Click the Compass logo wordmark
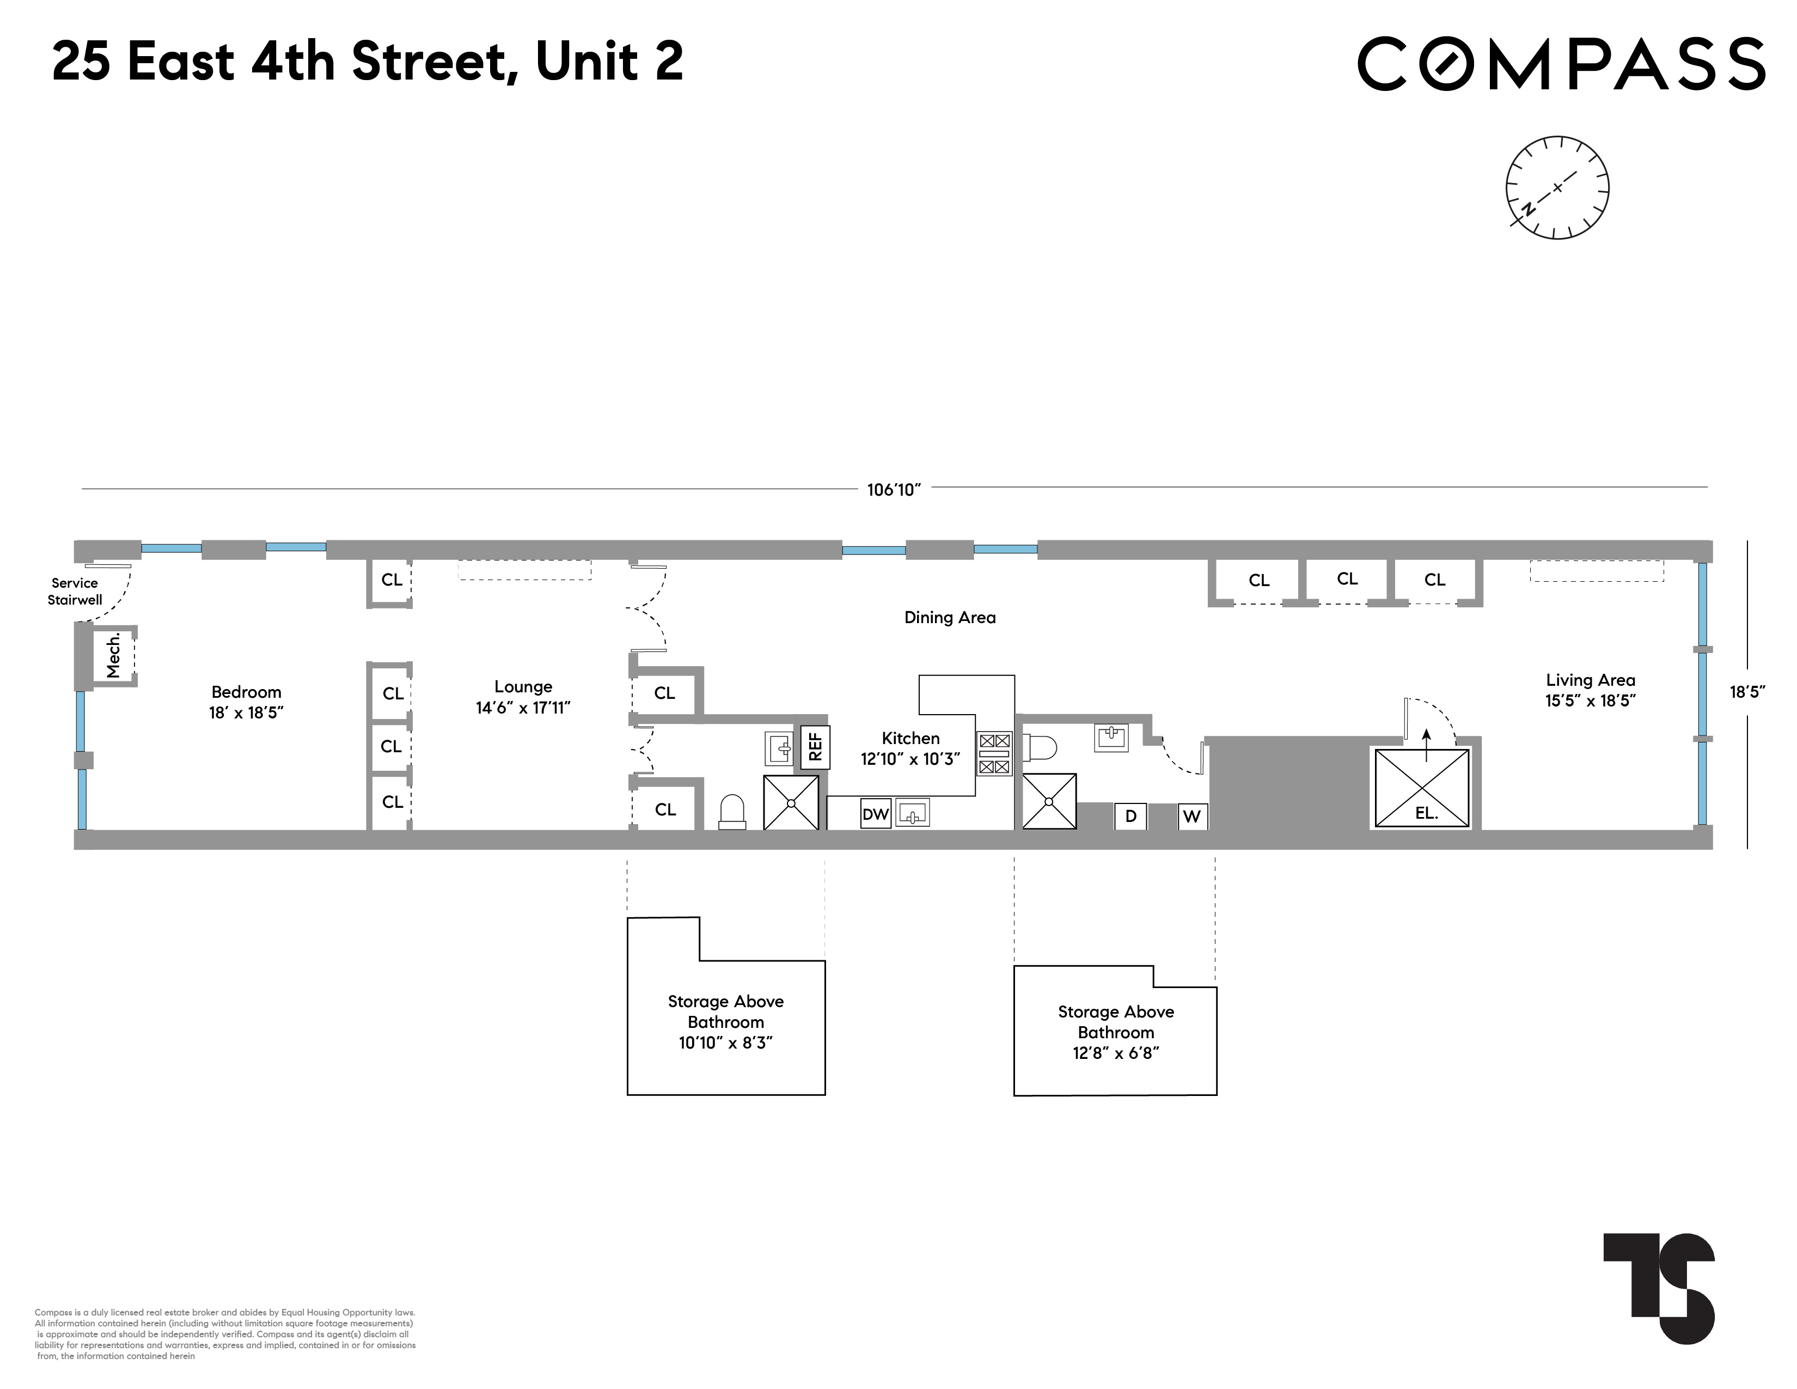click(1560, 63)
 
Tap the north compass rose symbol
click(1557, 187)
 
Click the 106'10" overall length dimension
click(894, 490)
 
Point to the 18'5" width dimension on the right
click(1747, 691)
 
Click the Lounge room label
click(523, 696)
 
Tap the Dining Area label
click(950, 617)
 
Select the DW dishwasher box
click(876, 814)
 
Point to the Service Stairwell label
click(75, 591)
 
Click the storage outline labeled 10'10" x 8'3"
click(726, 1021)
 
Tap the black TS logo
click(1659, 1287)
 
